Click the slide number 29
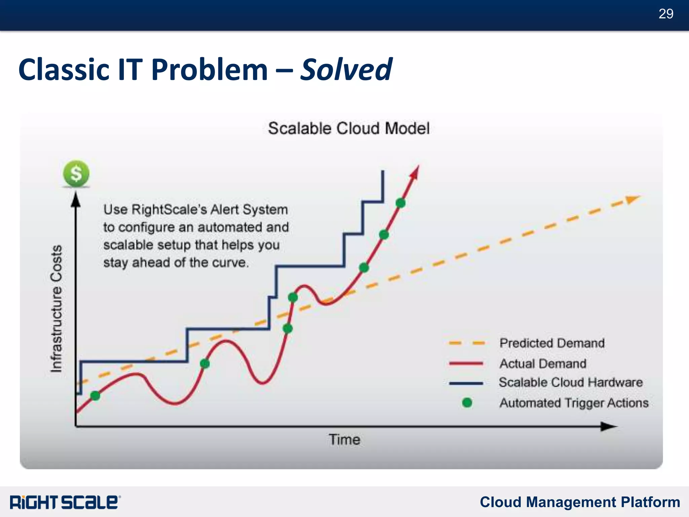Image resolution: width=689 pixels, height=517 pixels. click(665, 14)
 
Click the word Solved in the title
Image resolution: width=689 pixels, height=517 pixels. click(346, 70)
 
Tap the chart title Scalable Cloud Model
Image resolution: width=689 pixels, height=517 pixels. click(349, 129)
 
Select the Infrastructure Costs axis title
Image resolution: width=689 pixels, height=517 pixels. click(57, 308)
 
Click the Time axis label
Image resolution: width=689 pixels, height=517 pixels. click(344, 440)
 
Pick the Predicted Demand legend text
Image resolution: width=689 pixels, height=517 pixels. click(552, 343)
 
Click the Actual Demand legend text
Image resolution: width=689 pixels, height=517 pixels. click(543, 364)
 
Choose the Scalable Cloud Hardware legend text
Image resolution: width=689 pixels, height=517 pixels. click(571, 383)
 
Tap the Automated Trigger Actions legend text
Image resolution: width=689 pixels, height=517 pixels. click(574, 403)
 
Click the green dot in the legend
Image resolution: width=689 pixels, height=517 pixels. click(467, 402)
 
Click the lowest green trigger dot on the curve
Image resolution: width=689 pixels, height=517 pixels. click(95, 396)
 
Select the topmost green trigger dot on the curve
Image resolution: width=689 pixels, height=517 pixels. click(400, 203)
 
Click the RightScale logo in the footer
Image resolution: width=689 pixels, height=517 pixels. click(65, 502)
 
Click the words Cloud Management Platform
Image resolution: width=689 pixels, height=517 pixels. click(580, 502)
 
